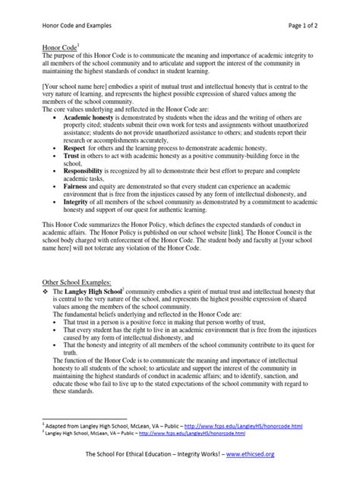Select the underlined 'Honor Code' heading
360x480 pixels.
(59, 47)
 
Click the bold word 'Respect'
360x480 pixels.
(77, 147)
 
